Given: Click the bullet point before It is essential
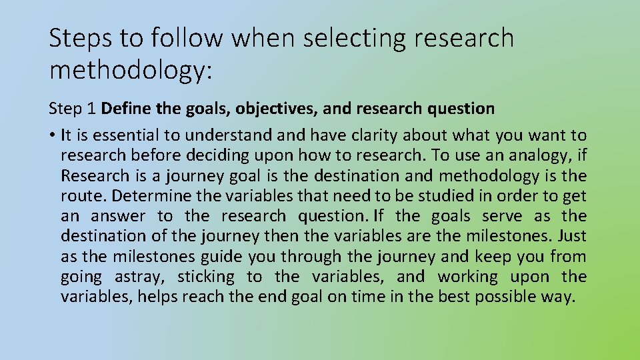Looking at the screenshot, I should pyautogui.click(x=52, y=136).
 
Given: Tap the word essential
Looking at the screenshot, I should pyautogui.click(x=125, y=135).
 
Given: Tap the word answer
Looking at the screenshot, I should pyautogui.click(x=118, y=216).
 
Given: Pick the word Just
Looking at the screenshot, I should pyautogui.click(x=572, y=236).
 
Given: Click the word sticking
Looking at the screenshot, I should pyautogui.click(x=206, y=276).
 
